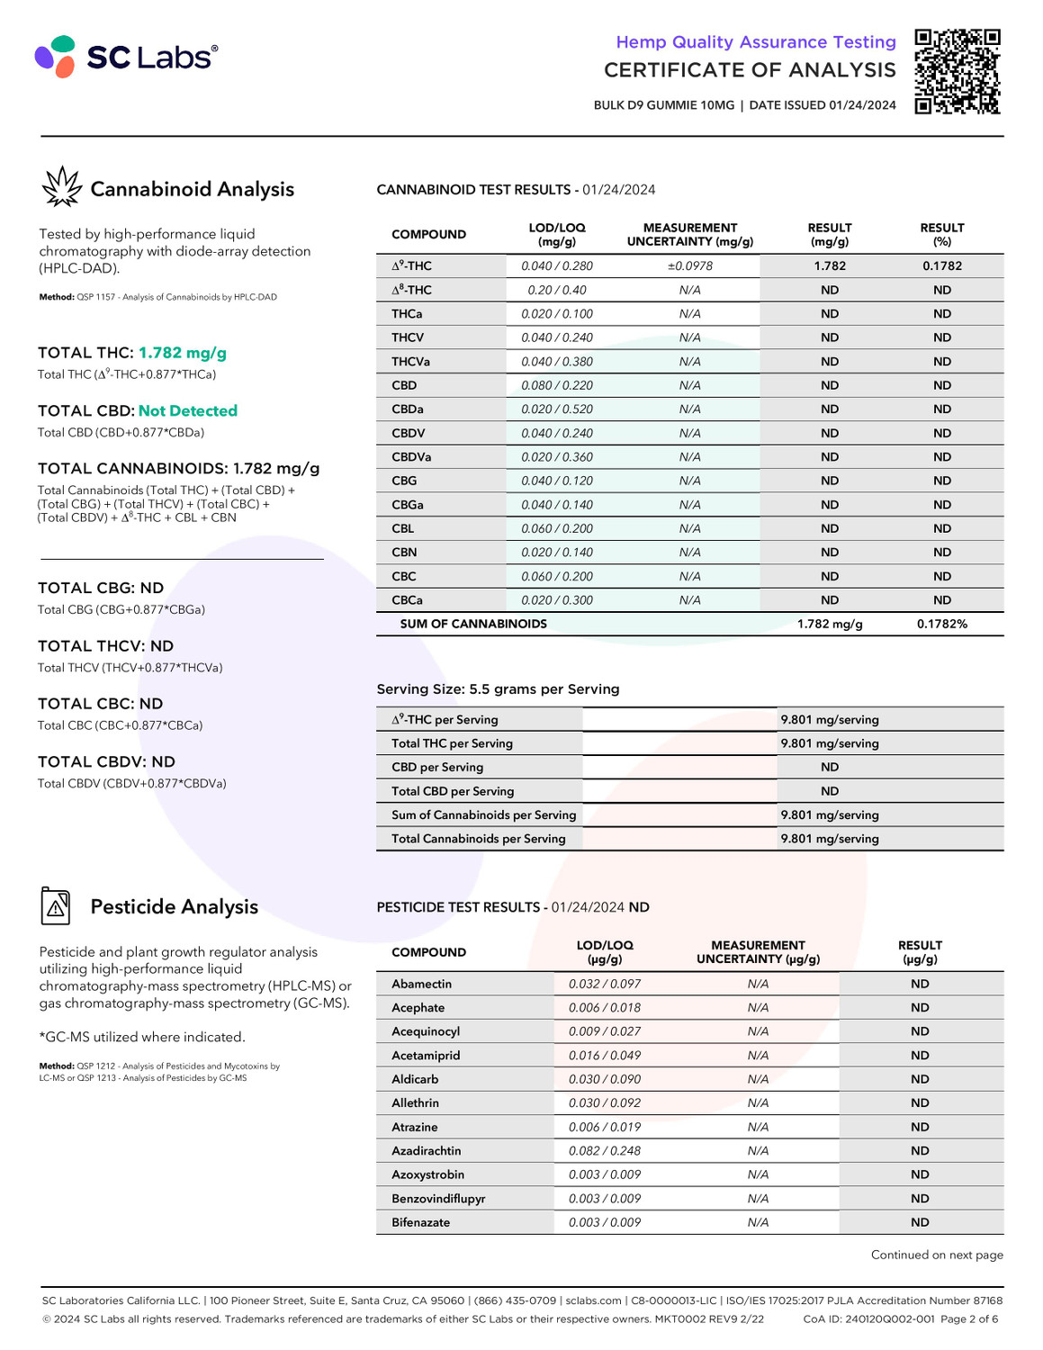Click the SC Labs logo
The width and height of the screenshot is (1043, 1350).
pyautogui.click(x=126, y=57)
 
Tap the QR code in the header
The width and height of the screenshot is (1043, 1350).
pyautogui.click(x=957, y=72)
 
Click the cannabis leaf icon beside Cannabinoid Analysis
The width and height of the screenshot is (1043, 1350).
pyautogui.click(x=61, y=187)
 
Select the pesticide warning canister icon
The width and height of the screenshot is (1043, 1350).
pyautogui.click(x=56, y=905)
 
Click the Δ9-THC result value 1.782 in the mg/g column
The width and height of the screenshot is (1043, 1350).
pyautogui.click(x=829, y=266)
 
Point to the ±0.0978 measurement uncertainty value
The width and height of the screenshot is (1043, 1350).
pyautogui.click(x=689, y=266)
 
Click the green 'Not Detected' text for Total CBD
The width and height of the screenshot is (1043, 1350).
pyautogui.click(x=187, y=411)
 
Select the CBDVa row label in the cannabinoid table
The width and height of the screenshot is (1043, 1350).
pyautogui.click(x=411, y=457)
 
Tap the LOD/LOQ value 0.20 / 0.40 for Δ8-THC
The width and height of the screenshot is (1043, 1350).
pyautogui.click(x=556, y=290)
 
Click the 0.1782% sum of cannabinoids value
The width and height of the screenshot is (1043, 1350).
pyautogui.click(x=941, y=624)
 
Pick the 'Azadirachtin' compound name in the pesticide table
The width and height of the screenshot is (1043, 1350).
pyautogui.click(x=426, y=1151)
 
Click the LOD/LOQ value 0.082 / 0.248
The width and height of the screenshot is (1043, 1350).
pyautogui.click(x=604, y=1151)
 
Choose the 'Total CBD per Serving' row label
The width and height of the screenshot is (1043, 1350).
pyautogui.click(x=453, y=791)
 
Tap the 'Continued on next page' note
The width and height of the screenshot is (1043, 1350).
pyautogui.click(x=936, y=1255)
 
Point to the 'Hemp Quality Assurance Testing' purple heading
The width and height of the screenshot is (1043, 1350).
pyautogui.click(x=755, y=42)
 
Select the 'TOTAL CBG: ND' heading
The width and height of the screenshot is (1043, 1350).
pyautogui.click(x=101, y=589)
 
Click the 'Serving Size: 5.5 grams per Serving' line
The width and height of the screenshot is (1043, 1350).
pyautogui.click(x=498, y=689)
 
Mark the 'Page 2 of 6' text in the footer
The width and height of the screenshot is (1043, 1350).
pyautogui.click(x=968, y=1319)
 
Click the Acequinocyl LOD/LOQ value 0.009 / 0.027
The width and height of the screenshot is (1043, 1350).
pyautogui.click(x=604, y=1031)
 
